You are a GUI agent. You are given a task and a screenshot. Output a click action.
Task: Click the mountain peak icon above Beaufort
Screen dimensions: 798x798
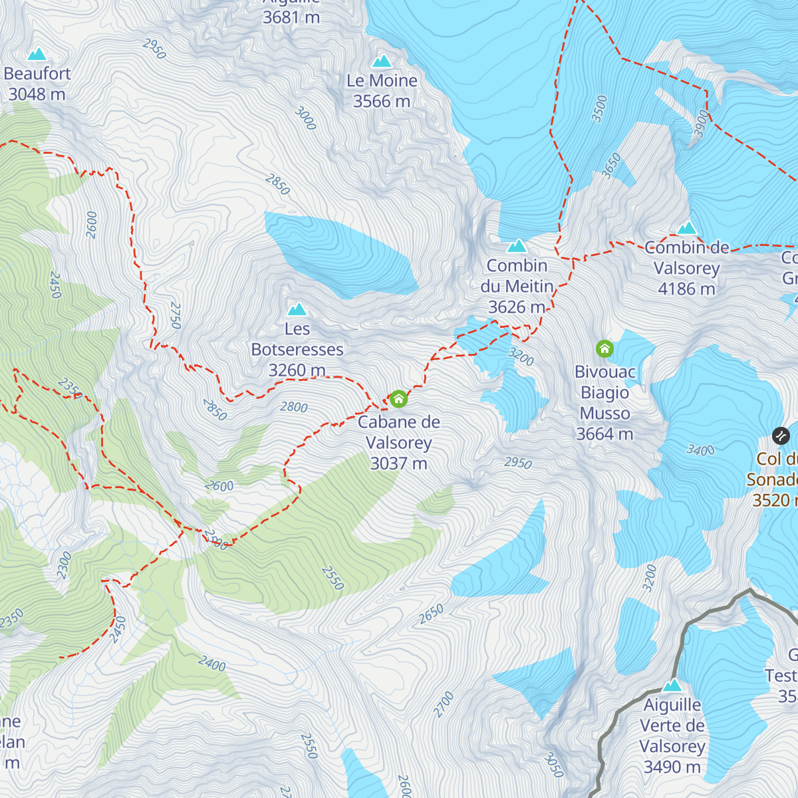click(37, 54)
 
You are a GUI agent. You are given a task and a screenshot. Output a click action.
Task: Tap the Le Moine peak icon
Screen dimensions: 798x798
click(382, 61)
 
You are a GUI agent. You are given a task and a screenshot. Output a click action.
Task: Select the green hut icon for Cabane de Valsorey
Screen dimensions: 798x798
click(398, 399)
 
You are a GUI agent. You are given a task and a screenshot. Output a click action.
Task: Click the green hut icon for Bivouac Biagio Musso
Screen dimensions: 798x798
click(604, 348)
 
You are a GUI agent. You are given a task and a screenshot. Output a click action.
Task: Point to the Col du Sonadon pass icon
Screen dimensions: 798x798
click(781, 436)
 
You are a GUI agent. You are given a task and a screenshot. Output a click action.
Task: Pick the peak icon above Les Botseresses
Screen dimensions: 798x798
click(297, 309)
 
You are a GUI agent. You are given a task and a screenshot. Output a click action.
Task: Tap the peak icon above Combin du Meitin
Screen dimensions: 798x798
click(517, 246)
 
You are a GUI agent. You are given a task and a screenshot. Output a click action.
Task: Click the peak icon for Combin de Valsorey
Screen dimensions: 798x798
click(687, 228)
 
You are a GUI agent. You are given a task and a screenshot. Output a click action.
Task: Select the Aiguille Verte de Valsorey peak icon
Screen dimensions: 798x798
click(672, 685)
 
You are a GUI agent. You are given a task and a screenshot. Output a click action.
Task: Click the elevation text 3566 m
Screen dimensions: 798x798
click(382, 102)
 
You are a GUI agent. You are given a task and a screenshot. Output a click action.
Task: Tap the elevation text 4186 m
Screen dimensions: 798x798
click(686, 289)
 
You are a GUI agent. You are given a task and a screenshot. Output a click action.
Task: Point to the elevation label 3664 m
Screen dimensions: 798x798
click(604, 434)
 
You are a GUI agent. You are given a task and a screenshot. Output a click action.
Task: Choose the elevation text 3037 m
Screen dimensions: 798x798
click(398, 464)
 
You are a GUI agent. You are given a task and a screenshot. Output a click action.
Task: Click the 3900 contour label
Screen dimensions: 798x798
click(702, 124)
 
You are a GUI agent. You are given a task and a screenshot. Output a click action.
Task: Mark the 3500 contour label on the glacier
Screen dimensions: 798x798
click(600, 108)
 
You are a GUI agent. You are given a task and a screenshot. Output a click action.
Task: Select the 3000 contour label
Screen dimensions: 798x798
click(305, 118)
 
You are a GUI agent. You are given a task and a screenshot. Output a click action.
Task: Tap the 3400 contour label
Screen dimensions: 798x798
click(700, 451)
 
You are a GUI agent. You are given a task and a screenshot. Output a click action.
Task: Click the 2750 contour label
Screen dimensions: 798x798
click(176, 315)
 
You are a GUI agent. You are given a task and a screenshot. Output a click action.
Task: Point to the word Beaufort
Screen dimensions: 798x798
click(37, 74)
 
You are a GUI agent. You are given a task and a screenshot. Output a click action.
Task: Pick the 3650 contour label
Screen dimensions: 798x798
click(611, 165)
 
